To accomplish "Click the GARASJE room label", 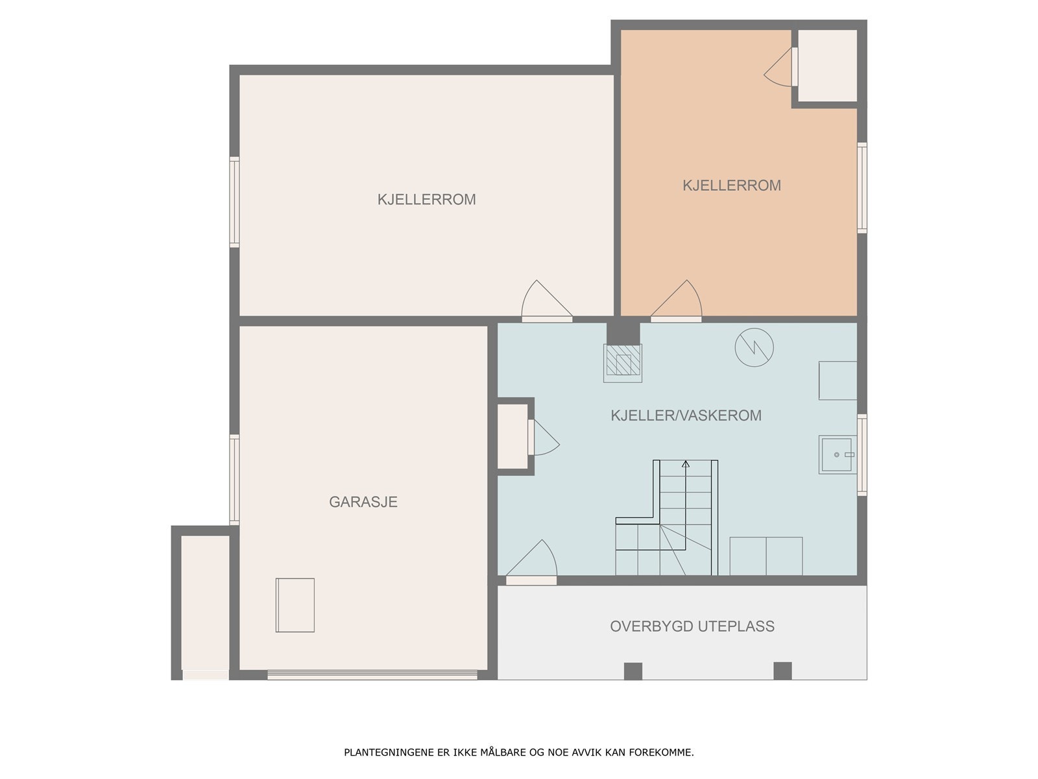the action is click(363, 502).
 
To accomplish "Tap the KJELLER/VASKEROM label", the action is click(686, 415).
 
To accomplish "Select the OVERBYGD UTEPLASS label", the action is click(692, 626).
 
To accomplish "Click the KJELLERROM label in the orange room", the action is click(732, 186).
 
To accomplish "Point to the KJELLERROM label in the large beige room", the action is click(426, 199).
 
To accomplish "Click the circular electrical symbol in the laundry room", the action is click(754, 348).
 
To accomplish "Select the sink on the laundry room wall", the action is click(838, 454).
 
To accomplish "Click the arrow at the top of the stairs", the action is click(685, 464).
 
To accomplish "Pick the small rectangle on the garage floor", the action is click(295, 605).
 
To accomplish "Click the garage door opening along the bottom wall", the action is click(372, 675).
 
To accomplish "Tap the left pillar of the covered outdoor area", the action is click(633, 671).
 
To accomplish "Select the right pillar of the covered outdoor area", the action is click(782, 671).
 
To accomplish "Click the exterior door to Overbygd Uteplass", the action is click(531, 563).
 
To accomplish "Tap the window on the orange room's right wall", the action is click(862, 188).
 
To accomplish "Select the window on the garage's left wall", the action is click(235, 480).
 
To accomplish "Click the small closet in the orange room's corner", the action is click(828, 66).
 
